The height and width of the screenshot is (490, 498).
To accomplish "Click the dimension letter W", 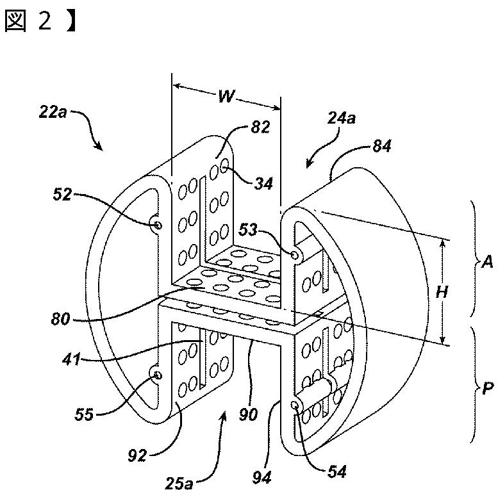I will (226, 97).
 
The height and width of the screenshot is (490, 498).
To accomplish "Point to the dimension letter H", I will (442, 292).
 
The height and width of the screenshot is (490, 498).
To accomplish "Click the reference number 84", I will (383, 147).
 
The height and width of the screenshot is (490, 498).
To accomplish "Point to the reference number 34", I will (263, 184).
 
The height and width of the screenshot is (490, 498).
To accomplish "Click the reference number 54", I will (337, 472).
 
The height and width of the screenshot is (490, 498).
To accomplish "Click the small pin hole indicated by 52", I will (158, 225).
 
